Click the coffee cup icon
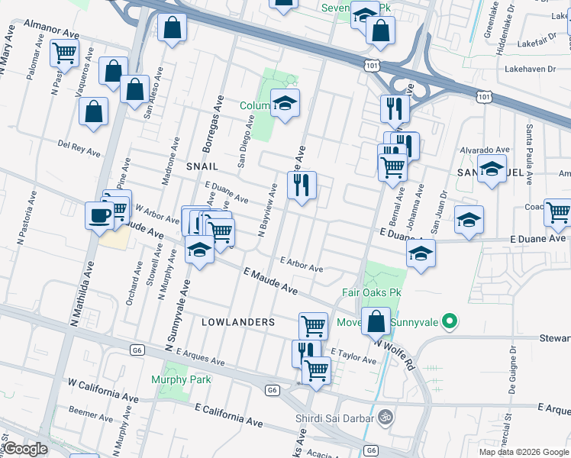[x=99, y=214]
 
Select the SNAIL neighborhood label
[x=202, y=166]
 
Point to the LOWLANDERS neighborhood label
[x=237, y=322]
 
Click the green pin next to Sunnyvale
[x=450, y=321]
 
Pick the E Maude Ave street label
[x=270, y=281]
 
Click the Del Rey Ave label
[x=79, y=147]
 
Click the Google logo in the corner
[x=25, y=449]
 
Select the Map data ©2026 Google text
[x=522, y=452]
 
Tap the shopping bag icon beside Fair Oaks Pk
[x=376, y=321]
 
